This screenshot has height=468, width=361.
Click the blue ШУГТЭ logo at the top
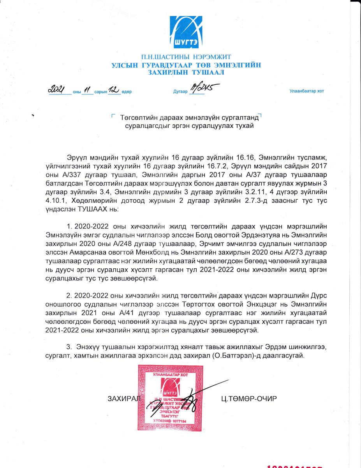[186, 32]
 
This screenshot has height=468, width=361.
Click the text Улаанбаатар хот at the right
[306, 91]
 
